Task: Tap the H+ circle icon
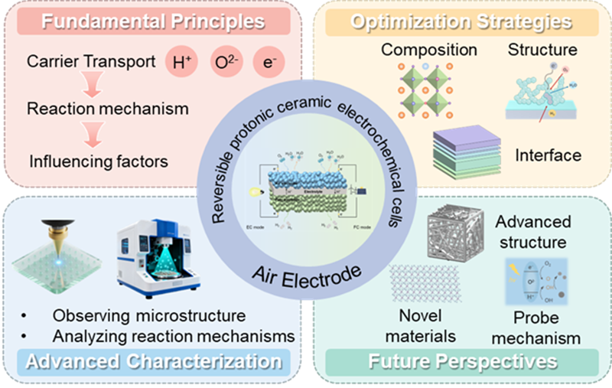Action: click(182, 62)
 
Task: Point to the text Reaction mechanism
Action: click(107, 108)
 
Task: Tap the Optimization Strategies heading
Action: click(461, 21)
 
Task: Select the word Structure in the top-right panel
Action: click(542, 51)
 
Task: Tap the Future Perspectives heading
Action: click(461, 360)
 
